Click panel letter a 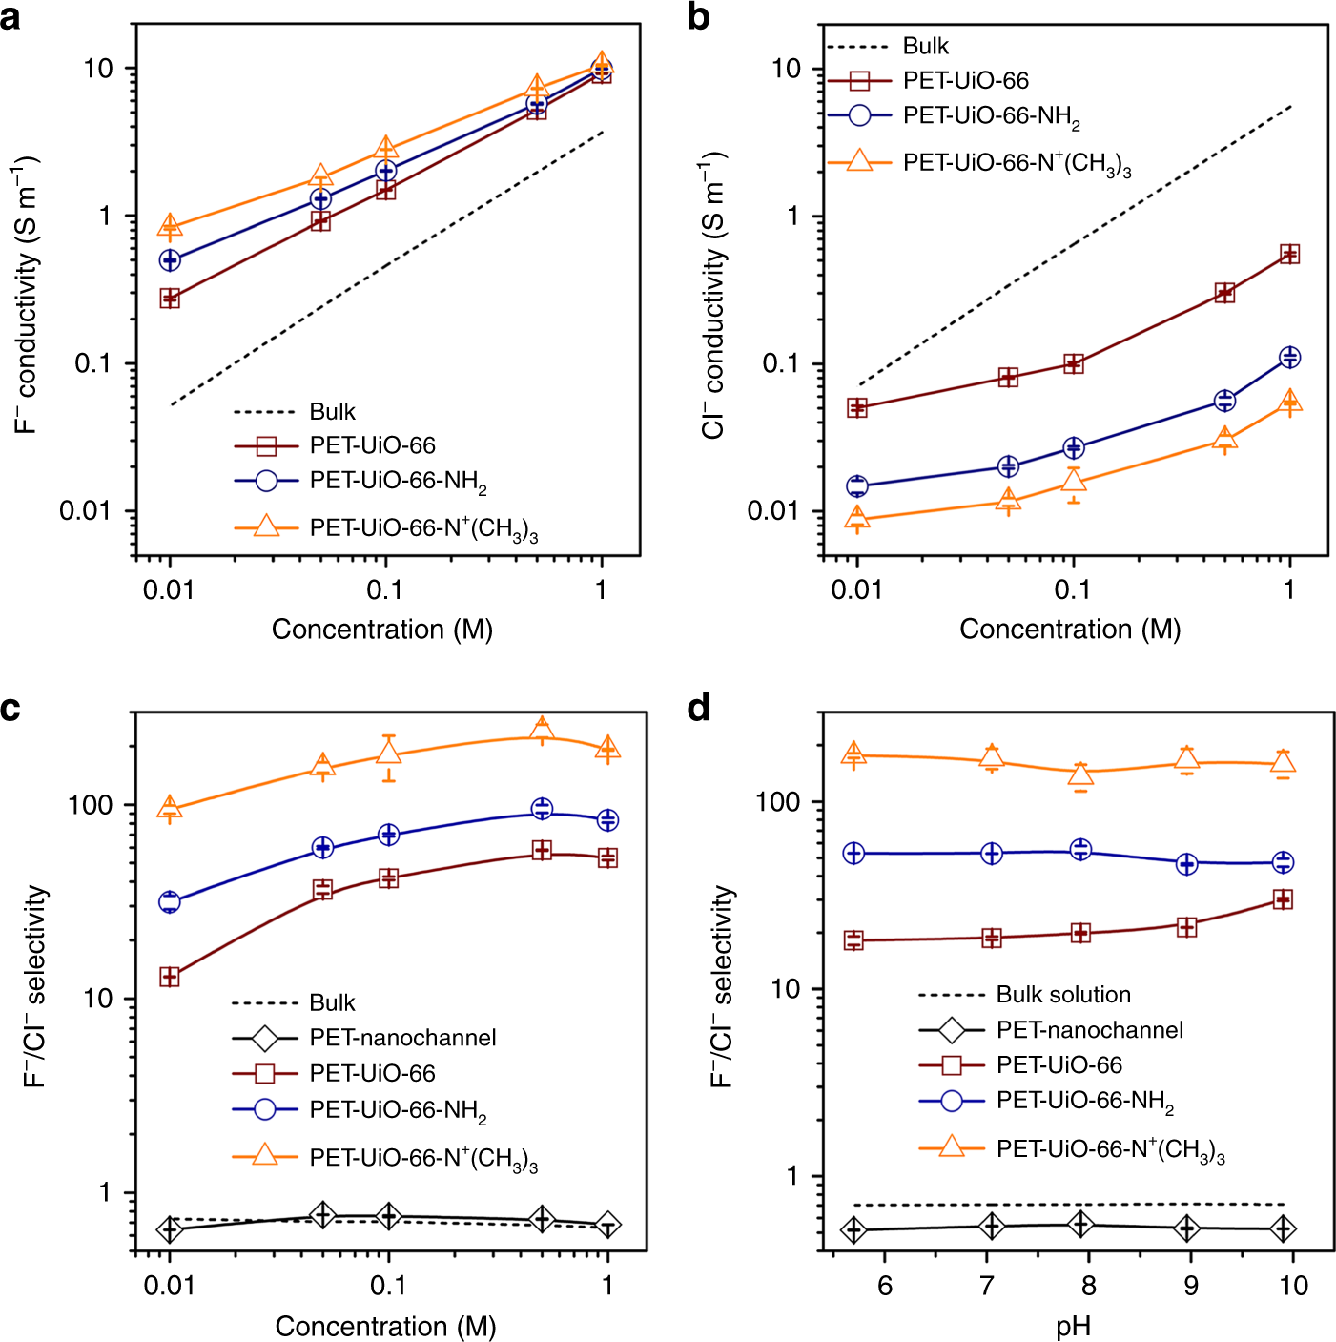pos(10,16)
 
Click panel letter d pos(699,709)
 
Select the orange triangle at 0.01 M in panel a pos(170,226)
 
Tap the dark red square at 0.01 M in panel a pos(170,299)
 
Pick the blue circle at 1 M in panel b pos(1289,358)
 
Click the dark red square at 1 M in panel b pos(1289,254)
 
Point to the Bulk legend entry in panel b pos(925,46)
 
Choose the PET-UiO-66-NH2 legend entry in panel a pos(398,481)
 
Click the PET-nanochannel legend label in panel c pos(402,1038)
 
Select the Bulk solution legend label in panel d pos(1063,995)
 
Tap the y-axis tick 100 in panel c pos(90,805)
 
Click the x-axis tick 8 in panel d pos(1088,1286)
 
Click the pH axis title pos(1073,1327)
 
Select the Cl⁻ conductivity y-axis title pos(713,296)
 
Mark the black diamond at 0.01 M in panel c pos(170,1229)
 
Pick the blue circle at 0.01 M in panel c pos(170,901)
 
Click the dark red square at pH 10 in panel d pos(1284,899)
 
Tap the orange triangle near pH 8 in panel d pos(1080,774)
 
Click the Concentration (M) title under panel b pos(1070,630)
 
